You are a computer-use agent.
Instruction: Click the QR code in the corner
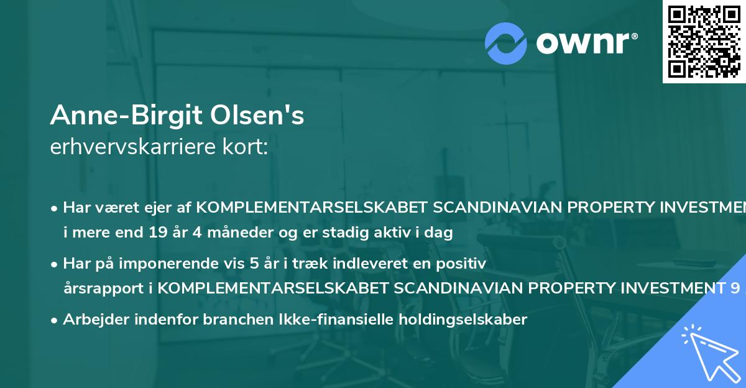pos(704,41)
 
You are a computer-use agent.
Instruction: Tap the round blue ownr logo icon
pos(506,43)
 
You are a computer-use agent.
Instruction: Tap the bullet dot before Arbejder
pos(55,320)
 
